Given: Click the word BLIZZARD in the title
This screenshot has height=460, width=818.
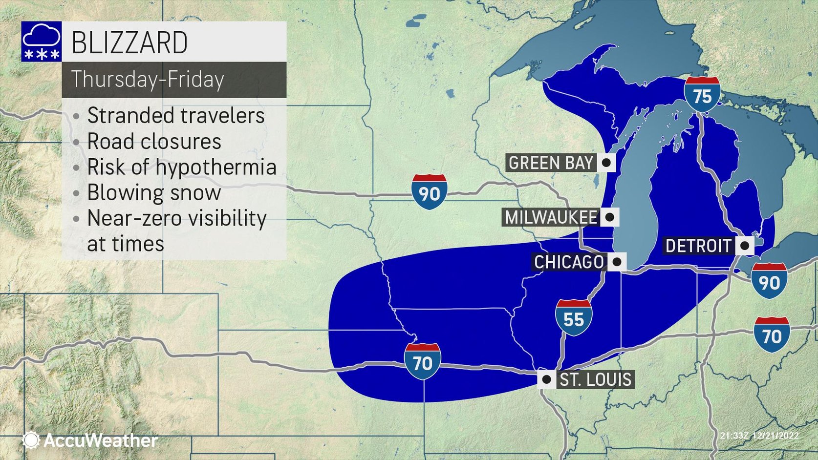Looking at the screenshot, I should [129, 42].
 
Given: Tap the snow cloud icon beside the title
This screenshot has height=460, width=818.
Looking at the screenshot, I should [42, 42].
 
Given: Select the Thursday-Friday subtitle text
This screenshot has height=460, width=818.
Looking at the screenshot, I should [148, 79].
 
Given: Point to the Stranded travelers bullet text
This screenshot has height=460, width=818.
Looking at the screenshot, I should [176, 116].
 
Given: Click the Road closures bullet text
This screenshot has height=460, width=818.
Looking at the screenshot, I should [154, 142].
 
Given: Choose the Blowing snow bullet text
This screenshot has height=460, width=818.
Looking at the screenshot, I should [154, 192].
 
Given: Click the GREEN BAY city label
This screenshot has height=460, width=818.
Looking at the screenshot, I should [551, 163].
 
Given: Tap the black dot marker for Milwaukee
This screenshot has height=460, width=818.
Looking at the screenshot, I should [609, 217].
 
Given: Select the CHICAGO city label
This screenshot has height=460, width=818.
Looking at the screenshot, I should [569, 262].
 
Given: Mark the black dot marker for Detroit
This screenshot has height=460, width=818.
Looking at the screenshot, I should [745, 245].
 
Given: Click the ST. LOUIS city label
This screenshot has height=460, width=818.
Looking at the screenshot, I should [595, 379].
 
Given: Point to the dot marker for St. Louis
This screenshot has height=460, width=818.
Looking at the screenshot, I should [546, 379].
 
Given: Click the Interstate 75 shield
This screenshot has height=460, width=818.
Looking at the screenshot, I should [702, 95].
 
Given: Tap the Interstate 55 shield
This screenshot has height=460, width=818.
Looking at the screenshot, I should [573, 318].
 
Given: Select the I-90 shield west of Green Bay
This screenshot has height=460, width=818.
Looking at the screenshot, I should [429, 192].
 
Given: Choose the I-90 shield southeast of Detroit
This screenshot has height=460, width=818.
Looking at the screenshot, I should [769, 281].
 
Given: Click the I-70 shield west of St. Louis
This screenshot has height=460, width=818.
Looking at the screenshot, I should [422, 362].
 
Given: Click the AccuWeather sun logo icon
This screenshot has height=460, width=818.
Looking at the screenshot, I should [31, 440].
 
